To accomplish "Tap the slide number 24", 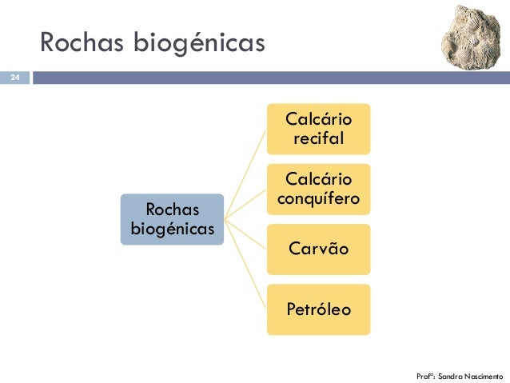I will point(14,78).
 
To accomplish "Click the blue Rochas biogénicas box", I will point(173,219).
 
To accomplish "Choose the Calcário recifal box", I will point(319,128).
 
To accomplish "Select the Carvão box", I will point(319,249).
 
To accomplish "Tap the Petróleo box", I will point(319,309).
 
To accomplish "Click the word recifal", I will point(319,138).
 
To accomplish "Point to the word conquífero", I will point(319,198).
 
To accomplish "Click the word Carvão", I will point(319,249).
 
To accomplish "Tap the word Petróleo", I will point(319,309).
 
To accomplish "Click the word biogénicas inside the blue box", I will point(173,229).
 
